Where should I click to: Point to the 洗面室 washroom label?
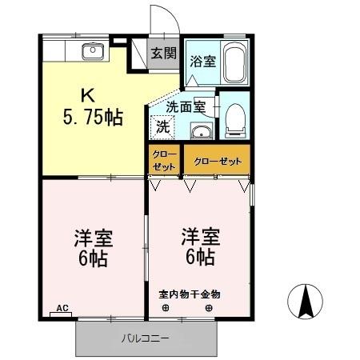[x=186, y=105]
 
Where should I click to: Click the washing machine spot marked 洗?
[x=162, y=126]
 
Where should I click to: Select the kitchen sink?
[x=91, y=53]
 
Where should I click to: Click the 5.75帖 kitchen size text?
[x=92, y=118]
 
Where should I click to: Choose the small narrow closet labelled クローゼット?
[x=163, y=161]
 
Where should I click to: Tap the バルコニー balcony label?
[x=145, y=338]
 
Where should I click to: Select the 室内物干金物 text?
[x=189, y=294]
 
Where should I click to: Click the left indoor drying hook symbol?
[x=166, y=308]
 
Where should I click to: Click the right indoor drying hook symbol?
[x=210, y=308]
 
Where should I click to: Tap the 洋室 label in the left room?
[x=94, y=238]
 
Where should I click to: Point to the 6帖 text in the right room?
[x=198, y=258]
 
